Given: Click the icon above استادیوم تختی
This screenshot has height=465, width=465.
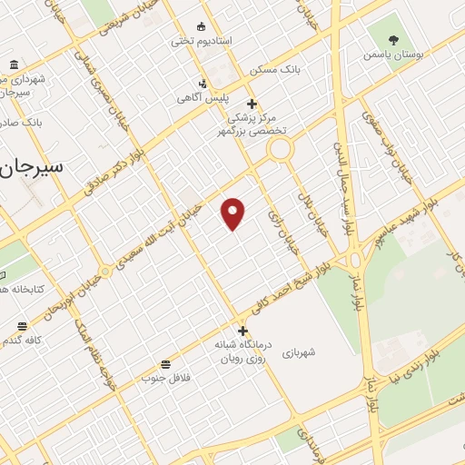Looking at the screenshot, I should [202, 26].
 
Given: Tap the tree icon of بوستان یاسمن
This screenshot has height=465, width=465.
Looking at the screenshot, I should [393, 39].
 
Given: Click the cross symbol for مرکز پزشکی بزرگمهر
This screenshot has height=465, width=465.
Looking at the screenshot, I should [252, 104].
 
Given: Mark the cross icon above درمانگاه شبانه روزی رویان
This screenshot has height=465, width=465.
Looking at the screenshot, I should [242, 331].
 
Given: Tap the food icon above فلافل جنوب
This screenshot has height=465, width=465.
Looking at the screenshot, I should [164, 363].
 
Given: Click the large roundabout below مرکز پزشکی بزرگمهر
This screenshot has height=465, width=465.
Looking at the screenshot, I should [279, 148].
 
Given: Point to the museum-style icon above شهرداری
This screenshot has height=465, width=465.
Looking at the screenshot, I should [15, 64].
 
